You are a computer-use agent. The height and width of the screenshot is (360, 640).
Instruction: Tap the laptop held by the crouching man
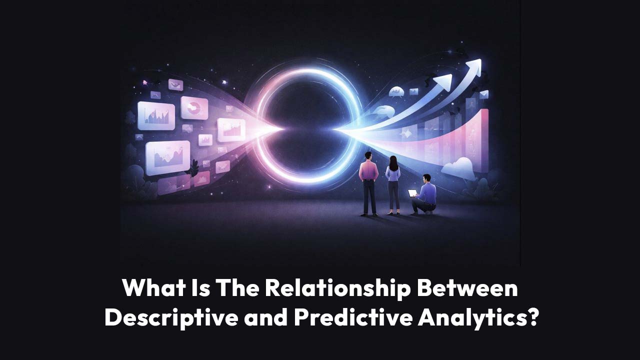(412, 193)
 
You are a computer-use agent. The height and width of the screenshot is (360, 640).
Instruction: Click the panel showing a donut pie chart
(194, 107)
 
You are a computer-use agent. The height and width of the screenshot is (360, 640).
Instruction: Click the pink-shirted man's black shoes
(369, 214)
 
